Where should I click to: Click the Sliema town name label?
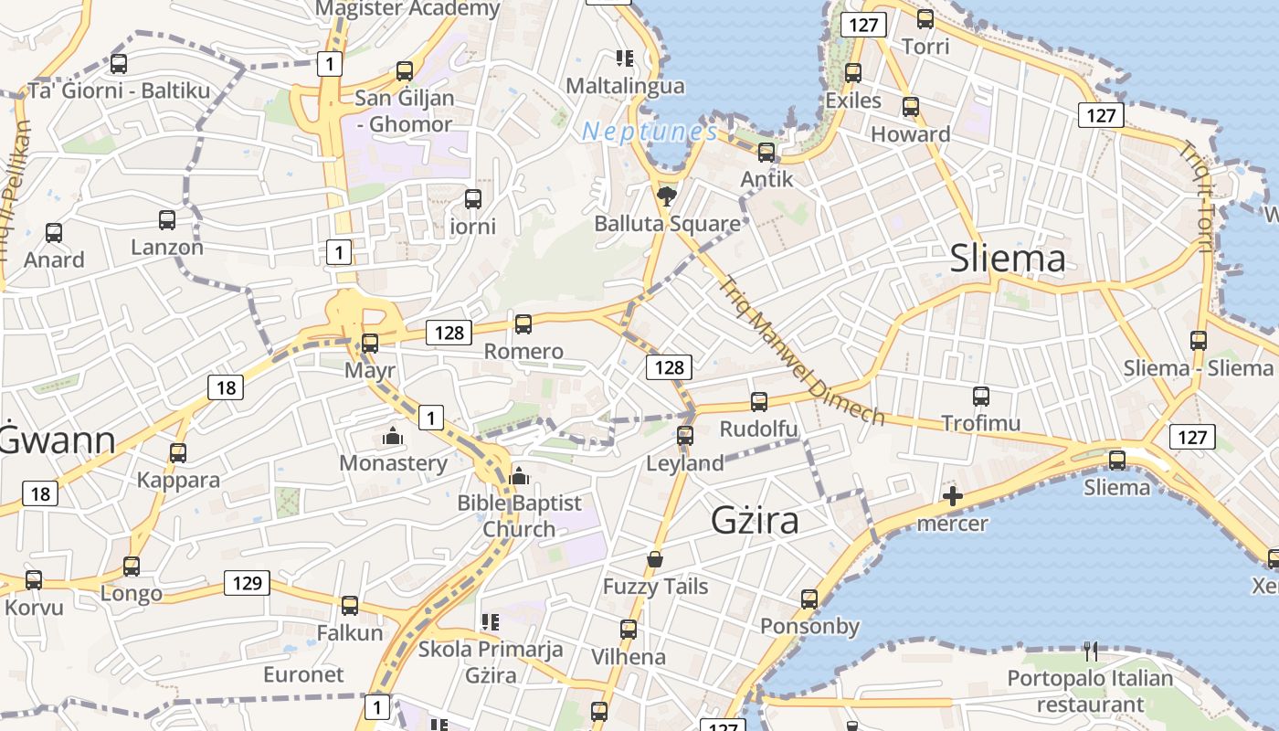1008,259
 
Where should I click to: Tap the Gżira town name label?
755,520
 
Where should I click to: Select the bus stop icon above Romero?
523,323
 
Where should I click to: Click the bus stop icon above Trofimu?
981,397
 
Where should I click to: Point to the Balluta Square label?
667,224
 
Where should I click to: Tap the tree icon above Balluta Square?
667,195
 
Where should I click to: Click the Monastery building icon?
394,436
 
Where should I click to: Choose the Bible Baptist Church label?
519,515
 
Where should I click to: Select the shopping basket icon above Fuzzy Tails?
655,559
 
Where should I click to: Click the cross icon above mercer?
953,497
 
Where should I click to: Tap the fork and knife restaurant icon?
1090,652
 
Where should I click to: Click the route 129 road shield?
247,583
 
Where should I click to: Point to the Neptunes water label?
650,132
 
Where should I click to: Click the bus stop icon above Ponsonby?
809,599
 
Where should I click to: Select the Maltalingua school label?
625,86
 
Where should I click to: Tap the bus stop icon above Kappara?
178,453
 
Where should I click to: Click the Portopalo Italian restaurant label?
1090,691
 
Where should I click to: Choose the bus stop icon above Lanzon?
167,220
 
